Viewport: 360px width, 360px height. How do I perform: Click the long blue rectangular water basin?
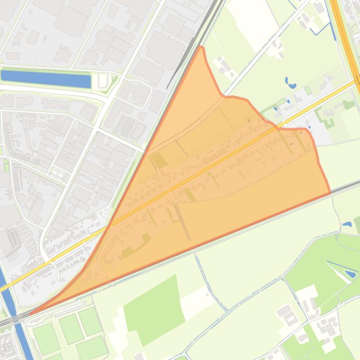[46, 79]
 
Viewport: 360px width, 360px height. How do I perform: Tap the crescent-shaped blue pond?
[291, 84]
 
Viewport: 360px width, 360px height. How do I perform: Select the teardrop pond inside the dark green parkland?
[349, 274]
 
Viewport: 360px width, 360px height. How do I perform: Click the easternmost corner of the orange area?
[330, 192]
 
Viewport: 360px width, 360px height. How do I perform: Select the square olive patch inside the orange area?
[159, 160]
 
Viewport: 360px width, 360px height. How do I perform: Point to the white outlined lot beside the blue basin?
[103, 80]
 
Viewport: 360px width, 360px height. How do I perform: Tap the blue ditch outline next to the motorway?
[323, 29]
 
